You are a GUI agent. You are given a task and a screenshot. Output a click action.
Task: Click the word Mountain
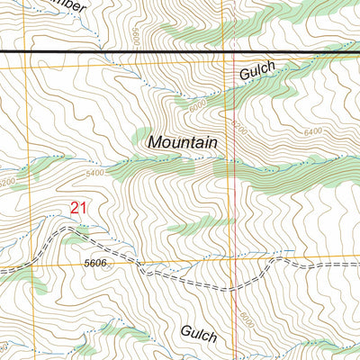click(183, 142)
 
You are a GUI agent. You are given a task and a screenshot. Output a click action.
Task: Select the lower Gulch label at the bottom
click(198, 335)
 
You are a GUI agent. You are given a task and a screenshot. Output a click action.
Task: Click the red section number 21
click(79, 208)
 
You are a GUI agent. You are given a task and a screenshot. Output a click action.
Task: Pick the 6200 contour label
click(238, 127)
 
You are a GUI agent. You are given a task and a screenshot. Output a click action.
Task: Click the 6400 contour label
click(312, 132)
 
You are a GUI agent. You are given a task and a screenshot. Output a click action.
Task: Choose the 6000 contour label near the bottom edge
click(246, 319)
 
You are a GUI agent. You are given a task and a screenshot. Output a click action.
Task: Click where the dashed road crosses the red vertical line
click(236, 288)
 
